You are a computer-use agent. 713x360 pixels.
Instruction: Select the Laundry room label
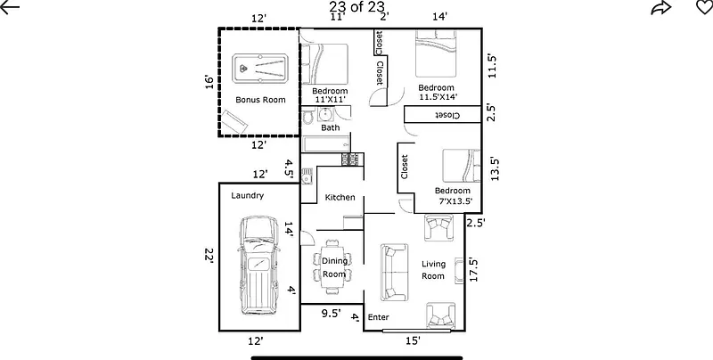(247, 195)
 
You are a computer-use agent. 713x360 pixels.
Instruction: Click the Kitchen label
(340, 197)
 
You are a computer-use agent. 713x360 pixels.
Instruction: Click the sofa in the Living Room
(389, 273)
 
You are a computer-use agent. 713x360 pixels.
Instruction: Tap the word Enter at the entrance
(379, 316)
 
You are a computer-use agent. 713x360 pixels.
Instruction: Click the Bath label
(331, 127)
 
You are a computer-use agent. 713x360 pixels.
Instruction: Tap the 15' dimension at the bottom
(414, 340)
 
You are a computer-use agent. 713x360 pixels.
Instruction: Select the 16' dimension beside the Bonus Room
(209, 82)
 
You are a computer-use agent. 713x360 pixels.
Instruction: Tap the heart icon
(703, 9)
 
